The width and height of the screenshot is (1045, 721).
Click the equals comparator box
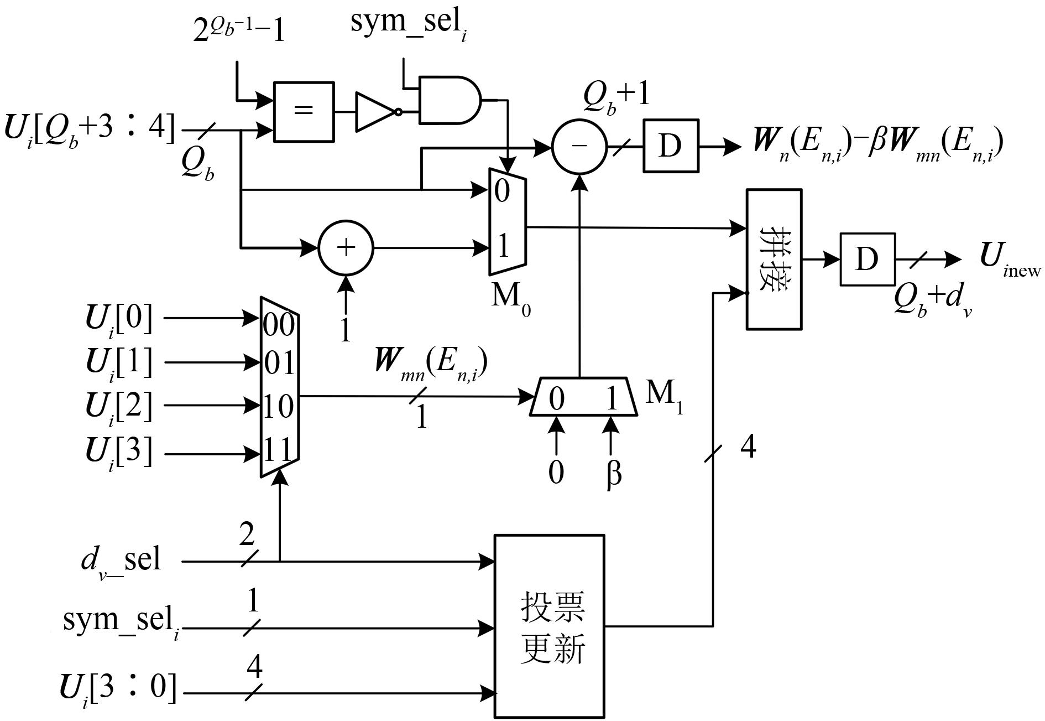point(304,111)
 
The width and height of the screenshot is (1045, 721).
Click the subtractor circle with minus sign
point(579,146)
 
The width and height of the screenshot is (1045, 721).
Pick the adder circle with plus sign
point(346,248)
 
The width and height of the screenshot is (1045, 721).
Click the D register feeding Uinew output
point(866,259)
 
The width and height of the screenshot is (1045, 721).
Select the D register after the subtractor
point(670,146)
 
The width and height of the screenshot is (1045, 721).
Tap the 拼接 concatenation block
point(774,259)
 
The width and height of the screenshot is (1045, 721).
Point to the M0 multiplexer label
point(510,298)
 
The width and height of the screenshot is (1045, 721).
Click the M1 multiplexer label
point(664,396)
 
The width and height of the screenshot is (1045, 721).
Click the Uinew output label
point(1009,258)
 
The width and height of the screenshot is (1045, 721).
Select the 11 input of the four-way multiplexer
point(278,452)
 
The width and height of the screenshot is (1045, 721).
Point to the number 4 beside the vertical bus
point(748,447)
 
